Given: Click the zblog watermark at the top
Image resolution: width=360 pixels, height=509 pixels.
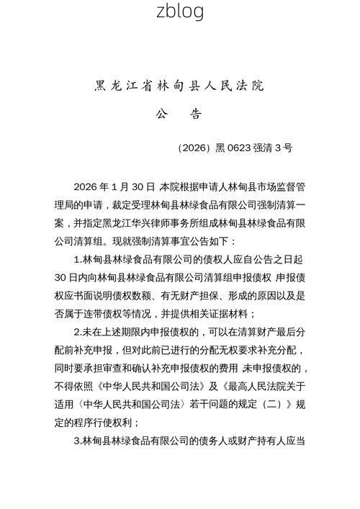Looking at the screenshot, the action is pyautogui.click(x=180, y=11).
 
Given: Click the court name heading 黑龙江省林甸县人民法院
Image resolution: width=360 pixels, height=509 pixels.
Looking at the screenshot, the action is pyautogui.click(x=180, y=86).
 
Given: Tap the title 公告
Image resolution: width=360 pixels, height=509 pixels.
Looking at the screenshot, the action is pyautogui.click(x=180, y=114).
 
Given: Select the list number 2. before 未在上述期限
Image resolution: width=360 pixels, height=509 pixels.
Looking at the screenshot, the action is pyautogui.click(x=78, y=332).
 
